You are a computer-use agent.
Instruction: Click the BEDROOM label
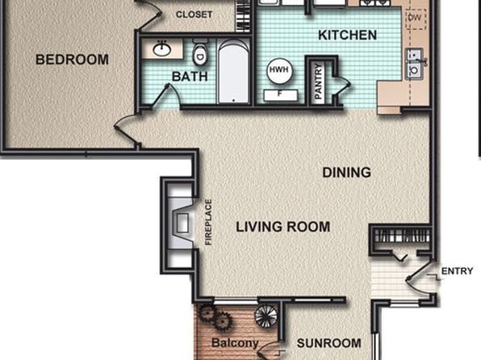pyautogui.click(x=72, y=59)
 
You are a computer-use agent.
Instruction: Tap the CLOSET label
pyautogui.click(x=194, y=15)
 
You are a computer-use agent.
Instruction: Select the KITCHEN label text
pyautogui.click(x=347, y=35)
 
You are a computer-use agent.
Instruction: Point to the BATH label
pyautogui.click(x=190, y=77)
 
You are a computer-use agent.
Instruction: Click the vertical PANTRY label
pyautogui.click(x=319, y=81)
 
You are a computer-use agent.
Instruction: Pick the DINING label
pyautogui.click(x=347, y=173)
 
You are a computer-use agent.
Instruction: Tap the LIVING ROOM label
pyautogui.click(x=282, y=227)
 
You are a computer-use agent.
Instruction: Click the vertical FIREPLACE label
pyautogui.click(x=208, y=222)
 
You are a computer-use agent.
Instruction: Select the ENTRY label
pyautogui.click(x=457, y=271)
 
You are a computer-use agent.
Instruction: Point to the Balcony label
pyautogui.click(x=235, y=343)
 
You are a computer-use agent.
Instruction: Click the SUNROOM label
pyautogui.click(x=328, y=343)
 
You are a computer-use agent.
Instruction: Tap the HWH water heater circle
pyautogui.click(x=279, y=70)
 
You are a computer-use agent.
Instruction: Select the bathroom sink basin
pyautogui.click(x=161, y=49)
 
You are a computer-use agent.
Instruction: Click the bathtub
pyautogui.click(x=233, y=72)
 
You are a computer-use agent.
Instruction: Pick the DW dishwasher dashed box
pyautogui.click(x=416, y=19)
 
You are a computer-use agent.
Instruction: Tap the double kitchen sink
pyautogui.click(x=414, y=64)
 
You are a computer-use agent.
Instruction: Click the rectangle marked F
pyautogui.click(x=280, y=95)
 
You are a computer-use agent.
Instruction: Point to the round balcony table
pyautogui.click(x=266, y=316)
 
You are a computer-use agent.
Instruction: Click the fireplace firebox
pyautogui.click(x=182, y=223)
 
